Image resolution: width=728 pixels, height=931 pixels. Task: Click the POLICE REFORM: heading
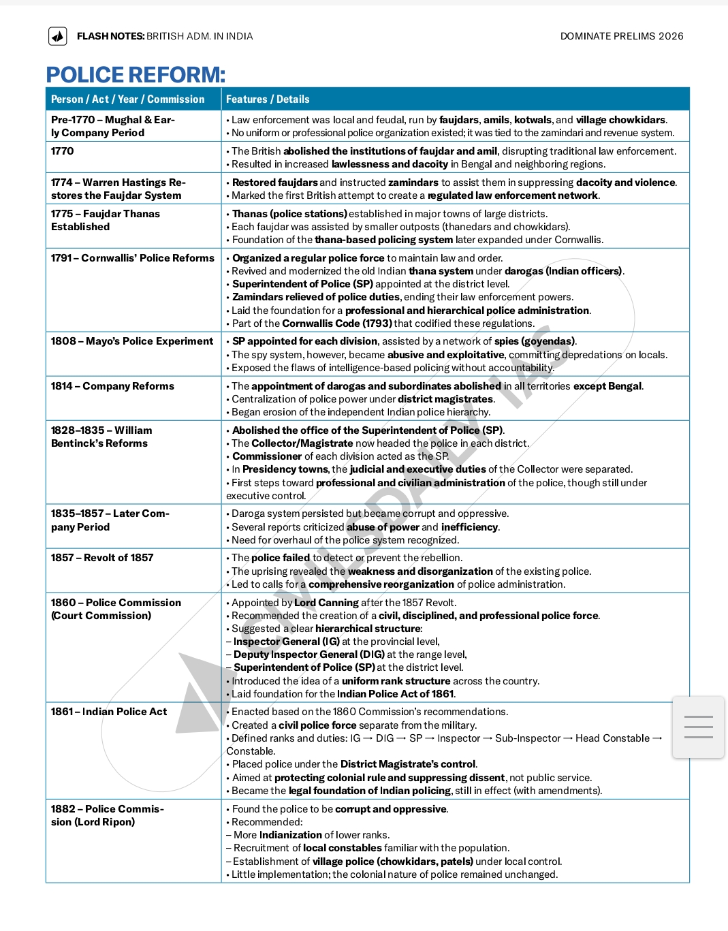(x=136, y=75)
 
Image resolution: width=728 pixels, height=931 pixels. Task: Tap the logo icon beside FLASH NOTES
(x=58, y=36)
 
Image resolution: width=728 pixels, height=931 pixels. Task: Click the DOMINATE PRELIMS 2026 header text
(x=621, y=36)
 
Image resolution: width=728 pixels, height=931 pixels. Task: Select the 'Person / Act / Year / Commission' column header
(x=127, y=99)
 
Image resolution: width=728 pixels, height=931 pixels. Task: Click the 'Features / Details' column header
(x=268, y=99)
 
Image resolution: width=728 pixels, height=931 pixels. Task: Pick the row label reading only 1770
(x=63, y=151)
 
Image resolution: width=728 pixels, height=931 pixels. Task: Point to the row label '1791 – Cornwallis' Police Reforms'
(x=132, y=258)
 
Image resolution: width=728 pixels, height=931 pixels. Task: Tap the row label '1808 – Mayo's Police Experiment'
(x=132, y=341)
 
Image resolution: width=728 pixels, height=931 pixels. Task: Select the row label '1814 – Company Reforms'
(x=112, y=386)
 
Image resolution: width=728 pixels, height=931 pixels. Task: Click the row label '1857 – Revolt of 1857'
(x=102, y=558)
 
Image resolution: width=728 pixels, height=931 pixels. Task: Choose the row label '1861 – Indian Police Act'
(x=109, y=712)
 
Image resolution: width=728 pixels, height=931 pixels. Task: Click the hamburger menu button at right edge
(x=698, y=727)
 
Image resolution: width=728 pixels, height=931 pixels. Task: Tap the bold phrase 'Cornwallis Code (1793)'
(x=336, y=324)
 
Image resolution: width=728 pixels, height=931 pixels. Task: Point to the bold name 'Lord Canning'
(x=326, y=603)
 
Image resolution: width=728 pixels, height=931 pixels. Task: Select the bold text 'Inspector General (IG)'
(x=286, y=642)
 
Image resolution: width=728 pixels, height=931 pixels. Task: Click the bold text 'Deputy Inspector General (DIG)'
(x=309, y=654)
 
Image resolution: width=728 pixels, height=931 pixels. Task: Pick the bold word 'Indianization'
(x=291, y=835)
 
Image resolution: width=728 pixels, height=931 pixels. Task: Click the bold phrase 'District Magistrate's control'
(x=408, y=764)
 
